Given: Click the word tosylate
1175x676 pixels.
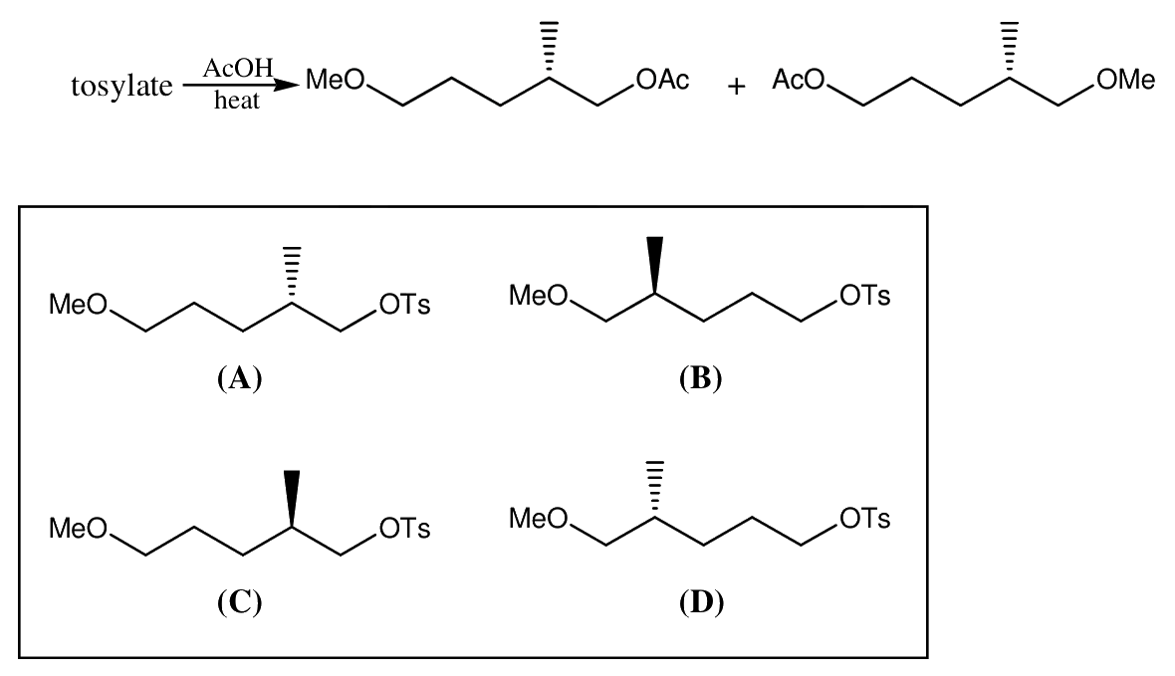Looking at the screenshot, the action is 121,87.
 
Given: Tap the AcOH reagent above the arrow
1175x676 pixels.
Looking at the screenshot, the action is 238,69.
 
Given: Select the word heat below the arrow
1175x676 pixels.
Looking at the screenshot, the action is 237,101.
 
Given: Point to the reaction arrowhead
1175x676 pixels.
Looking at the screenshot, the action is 286,86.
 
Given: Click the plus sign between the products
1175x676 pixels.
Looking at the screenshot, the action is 736,87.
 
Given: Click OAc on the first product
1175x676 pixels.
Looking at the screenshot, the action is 662,80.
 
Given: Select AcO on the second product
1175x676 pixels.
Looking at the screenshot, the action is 799,80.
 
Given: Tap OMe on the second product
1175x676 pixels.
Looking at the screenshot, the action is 1125,80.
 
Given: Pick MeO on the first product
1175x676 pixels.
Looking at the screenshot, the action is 335,80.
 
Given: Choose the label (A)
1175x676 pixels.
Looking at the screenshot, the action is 240,378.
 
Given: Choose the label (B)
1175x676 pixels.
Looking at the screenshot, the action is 701,378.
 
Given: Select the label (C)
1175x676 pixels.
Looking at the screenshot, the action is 240,601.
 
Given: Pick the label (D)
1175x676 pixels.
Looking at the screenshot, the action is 701,601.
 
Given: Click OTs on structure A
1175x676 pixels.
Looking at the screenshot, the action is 404,305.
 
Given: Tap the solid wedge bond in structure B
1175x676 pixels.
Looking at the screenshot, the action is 655,265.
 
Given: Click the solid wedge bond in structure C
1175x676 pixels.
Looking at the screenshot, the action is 292,499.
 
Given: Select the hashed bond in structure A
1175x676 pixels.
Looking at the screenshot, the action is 292,275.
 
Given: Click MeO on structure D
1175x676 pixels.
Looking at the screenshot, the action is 539,518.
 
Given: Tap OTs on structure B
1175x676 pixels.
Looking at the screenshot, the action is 865,296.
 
